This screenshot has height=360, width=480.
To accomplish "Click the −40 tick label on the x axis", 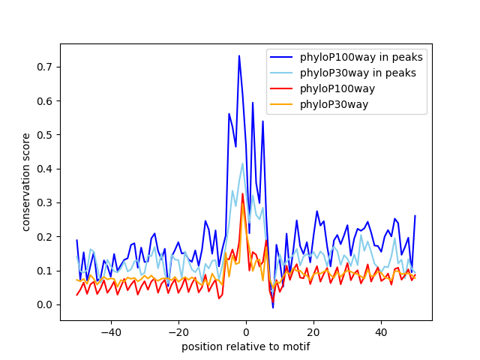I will (110, 331).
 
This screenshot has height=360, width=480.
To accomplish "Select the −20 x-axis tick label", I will (178, 331).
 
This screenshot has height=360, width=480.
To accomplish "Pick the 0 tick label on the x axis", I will (246, 331).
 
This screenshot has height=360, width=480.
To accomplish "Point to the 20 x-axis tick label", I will (313, 331).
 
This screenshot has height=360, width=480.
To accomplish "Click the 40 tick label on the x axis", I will (381, 331).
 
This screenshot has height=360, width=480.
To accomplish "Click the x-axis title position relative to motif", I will (245, 346).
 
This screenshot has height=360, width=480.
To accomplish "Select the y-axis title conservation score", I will (25, 181).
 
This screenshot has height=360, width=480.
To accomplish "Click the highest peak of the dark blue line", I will (239, 55).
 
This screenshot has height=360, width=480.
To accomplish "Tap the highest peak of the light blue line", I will (242, 163).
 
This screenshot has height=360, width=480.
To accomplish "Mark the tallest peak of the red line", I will (242, 193).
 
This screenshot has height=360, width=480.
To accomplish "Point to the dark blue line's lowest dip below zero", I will (273, 307).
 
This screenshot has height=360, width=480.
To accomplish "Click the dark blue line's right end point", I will (415, 216).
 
